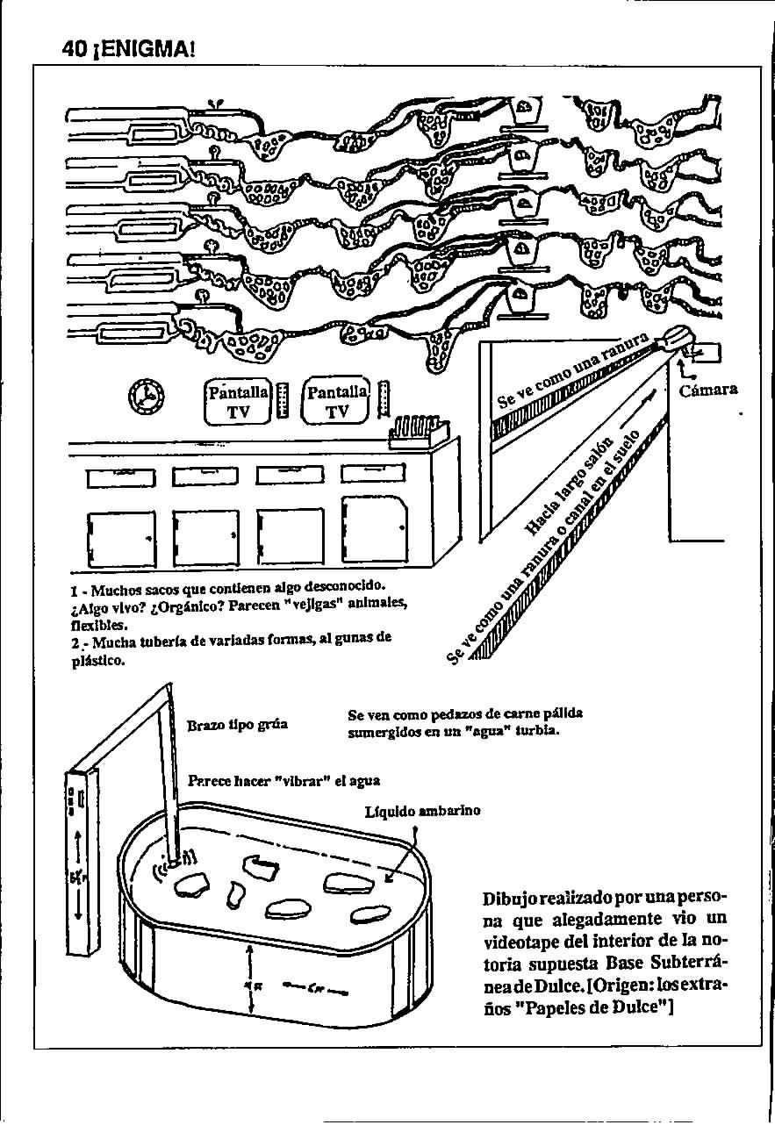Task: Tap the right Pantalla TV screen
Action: point(337,402)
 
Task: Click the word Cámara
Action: point(708,390)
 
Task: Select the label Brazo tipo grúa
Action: point(237,726)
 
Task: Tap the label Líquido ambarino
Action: point(422,812)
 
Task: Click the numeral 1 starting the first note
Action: point(74,585)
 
